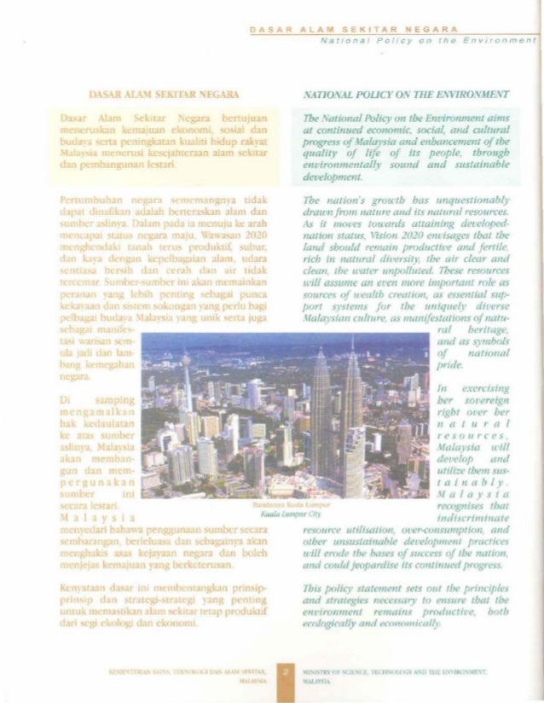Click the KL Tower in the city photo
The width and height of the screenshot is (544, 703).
coord(185,384)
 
